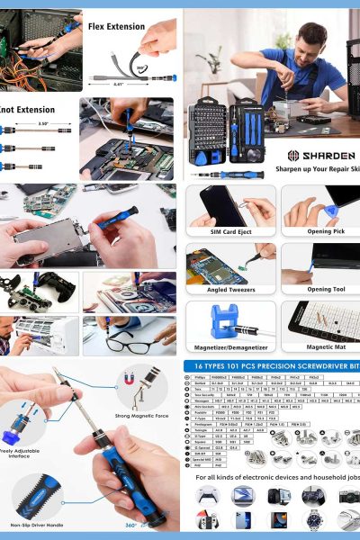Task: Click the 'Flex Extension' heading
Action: pos(116,27)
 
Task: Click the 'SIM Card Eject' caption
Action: pos(230,232)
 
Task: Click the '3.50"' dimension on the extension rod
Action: pos(42,123)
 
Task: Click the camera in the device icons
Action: pos(348,496)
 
